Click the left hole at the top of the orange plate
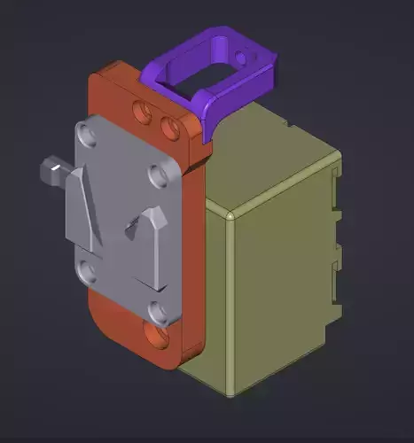point(139,111)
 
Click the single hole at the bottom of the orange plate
point(158,338)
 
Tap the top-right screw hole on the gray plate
point(160,176)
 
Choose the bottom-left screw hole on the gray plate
point(86,270)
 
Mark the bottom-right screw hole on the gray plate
point(157,312)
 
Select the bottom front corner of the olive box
point(232,393)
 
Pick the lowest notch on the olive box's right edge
point(335,296)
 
